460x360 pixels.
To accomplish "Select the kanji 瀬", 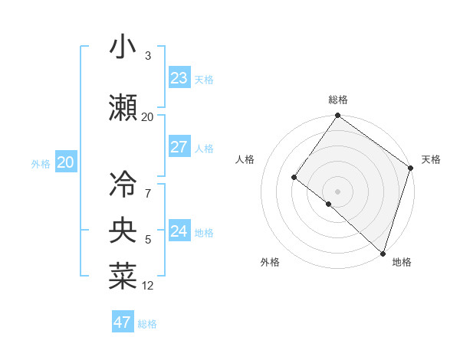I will click(x=122, y=107).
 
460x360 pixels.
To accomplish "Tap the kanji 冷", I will click(x=122, y=184).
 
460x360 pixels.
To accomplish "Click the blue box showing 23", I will click(x=179, y=78).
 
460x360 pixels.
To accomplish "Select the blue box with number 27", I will click(x=179, y=147).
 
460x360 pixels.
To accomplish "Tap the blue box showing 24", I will click(x=179, y=231).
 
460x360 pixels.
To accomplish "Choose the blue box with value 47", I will click(x=123, y=322).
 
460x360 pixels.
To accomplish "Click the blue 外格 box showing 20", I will click(x=66, y=162).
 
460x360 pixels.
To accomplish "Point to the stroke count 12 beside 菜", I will click(x=148, y=286).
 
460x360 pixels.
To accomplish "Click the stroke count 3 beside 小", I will click(x=147, y=56).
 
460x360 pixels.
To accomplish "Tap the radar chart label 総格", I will click(x=338, y=100).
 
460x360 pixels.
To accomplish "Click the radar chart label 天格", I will click(x=431, y=159).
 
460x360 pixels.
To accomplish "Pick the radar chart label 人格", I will click(x=245, y=159).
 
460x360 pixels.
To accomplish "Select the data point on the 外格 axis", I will click(x=328, y=205).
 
